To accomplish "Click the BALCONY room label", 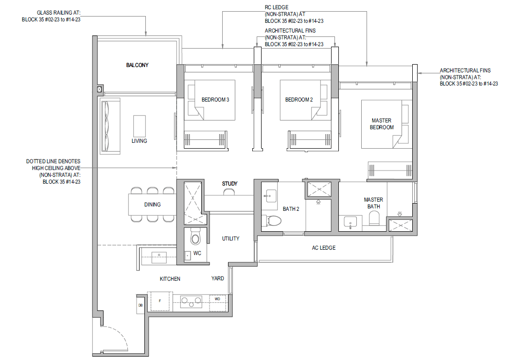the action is pos(137,65).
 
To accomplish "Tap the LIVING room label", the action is pos(139,141).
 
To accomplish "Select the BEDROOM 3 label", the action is pos(215,100).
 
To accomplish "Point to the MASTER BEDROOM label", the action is pos(382,124).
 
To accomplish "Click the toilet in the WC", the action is pos(195,237).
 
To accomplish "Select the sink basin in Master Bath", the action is pos(350,223).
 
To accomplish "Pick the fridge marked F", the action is pos(160,301).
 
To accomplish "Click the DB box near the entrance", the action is pos(140,305).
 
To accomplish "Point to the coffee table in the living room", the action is pos(140,126).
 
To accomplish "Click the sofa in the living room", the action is pos(110,125).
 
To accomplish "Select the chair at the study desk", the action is pos(229,192).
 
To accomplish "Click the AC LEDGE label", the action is pos(324,248).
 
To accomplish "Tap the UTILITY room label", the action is pos(230,239).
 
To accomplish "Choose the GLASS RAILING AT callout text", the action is pos(58,13).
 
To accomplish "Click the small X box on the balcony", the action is pos(99,89).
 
